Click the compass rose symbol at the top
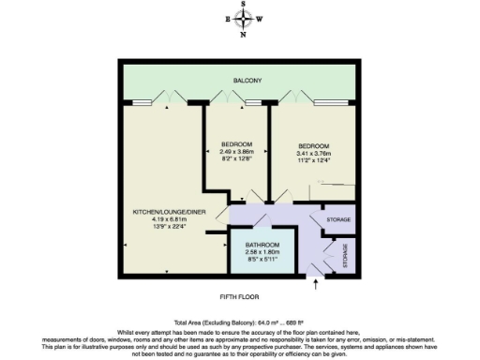point(244,19)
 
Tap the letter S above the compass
point(244,5)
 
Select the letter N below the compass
point(244,35)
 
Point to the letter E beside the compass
point(228,19)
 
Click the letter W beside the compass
point(260,19)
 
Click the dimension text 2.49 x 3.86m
point(236,152)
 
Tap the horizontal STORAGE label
point(338,219)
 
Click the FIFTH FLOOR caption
point(239,297)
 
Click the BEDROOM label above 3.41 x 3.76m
point(314,146)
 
